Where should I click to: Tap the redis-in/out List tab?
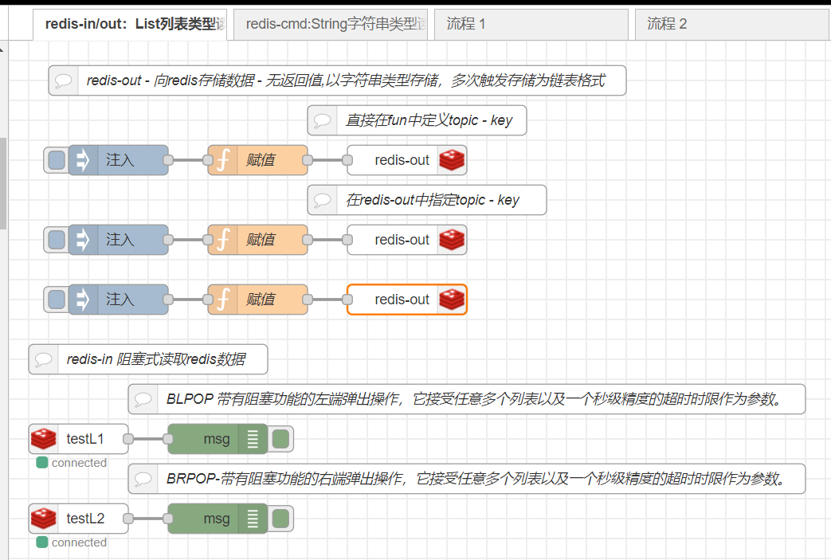[x=132, y=24]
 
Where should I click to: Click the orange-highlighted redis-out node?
[x=402, y=300]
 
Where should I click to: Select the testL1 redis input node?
[x=78, y=439]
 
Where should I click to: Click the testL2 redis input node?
[x=78, y=519]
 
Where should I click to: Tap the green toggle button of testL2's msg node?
[x=280, y=519]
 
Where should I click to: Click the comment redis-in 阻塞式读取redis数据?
[x=155, y=359]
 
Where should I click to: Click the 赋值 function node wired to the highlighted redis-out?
[x=257, y=300]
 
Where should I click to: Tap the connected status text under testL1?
[x=78, y=463]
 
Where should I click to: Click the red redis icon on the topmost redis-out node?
[x=452, y=160]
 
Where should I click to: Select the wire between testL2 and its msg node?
[x=147, y=519]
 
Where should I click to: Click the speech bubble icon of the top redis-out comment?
[x=64, y=80]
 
